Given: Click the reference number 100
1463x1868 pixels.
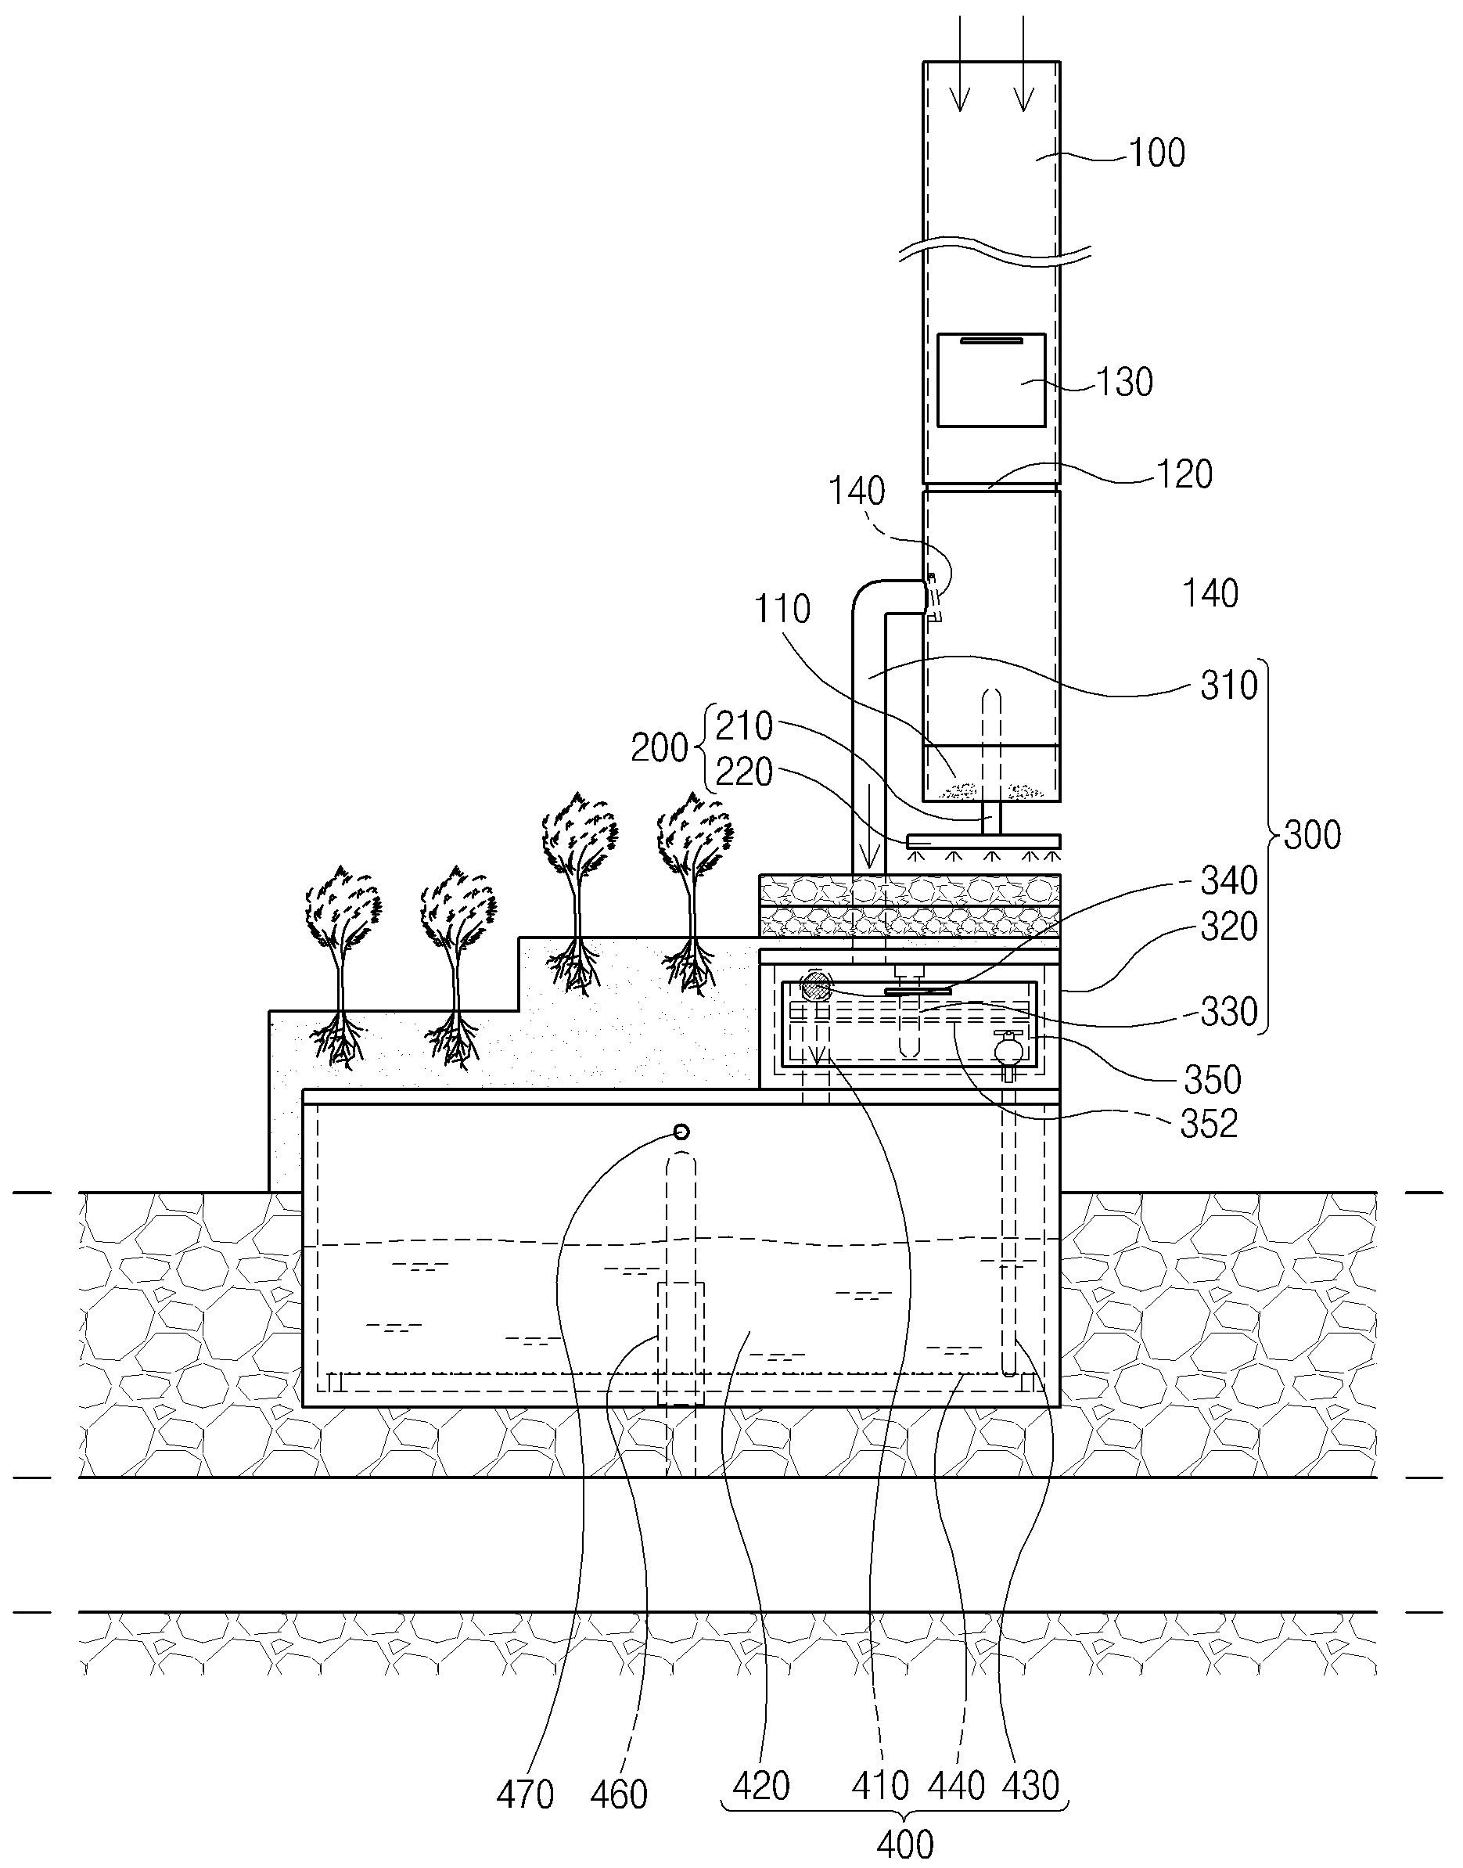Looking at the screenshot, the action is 1156,153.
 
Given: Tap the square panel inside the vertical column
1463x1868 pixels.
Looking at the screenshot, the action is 991,380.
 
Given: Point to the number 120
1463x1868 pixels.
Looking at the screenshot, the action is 1184,474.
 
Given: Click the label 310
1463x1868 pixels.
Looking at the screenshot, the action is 1229,685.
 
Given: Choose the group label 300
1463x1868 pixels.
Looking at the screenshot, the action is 1312,833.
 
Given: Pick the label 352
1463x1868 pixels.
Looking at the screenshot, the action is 1209,1125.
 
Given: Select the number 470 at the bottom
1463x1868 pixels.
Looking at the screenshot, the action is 525,1794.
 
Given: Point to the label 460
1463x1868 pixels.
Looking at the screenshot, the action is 618,1794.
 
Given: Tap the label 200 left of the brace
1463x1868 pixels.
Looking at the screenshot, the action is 660,748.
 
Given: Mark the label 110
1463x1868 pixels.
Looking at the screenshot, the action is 782,610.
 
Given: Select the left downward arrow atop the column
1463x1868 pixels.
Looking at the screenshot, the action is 960,64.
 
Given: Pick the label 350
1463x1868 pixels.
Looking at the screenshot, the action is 1213,1080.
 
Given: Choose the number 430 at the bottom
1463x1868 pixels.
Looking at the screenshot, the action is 1030,1786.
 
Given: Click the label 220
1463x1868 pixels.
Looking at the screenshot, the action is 744,772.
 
